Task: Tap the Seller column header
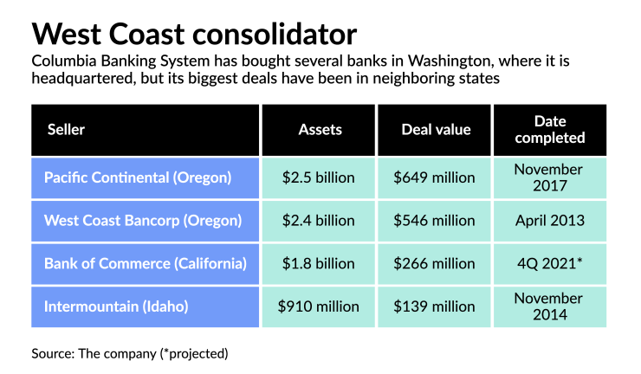pyautogui.click(x=66, y=130)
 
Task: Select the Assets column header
pyautogui.click(x=320, y=130)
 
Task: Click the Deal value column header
pyautogui.click(x=436, y=130)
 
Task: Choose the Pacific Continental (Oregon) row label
pyautogui.click(x=138, y=177)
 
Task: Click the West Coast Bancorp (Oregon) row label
pyautogui.click(x=143, y=220)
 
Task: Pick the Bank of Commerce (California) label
pyautogui.click(x=146, y=263)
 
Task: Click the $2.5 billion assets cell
pyautogui.click(x=319, y=177)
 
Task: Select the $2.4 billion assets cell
pyautogui.click(x=319, y=220)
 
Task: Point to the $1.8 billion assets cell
pyautogui.click(x=319, y=263)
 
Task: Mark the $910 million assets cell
pyautogui.click(x=319, y=306)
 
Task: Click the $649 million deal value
pyautogui.click(x=434, y=177)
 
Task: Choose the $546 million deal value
pyautogui.click(x=434, y=220)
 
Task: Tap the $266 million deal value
pyautogui.click(x=434, y=263)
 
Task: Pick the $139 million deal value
pyautogui.click(x=434, y=306)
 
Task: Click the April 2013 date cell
pyautogui.click(x=549, y=220)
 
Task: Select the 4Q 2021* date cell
pyautogui.click(x=549, y=263)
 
